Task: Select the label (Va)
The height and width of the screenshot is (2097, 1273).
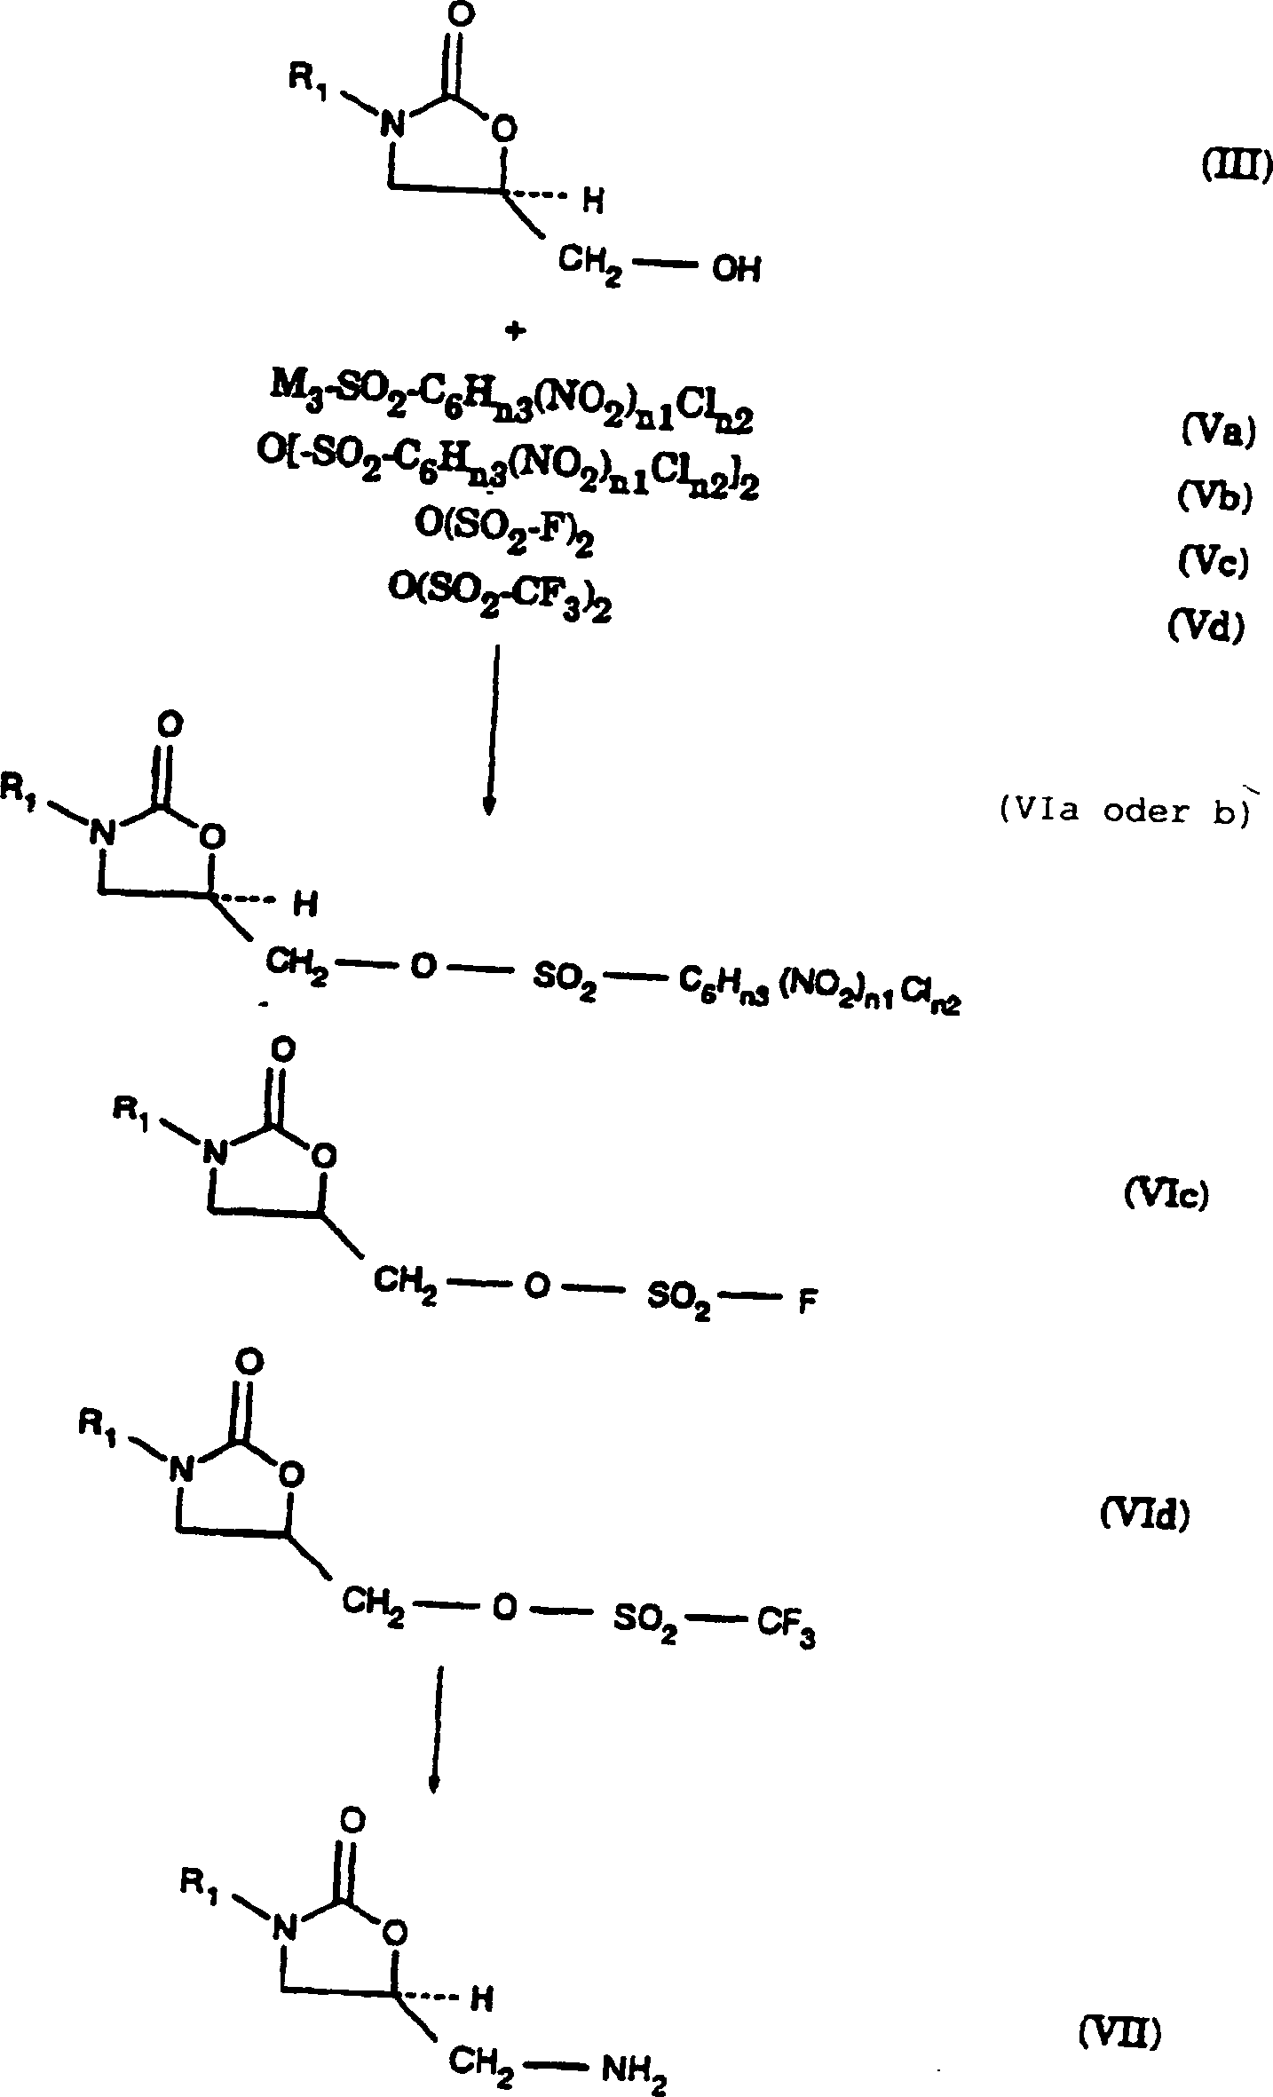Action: [1217, 433]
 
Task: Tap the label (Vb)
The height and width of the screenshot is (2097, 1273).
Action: [1214, 498]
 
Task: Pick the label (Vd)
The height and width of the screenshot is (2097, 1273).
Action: [1206, 627]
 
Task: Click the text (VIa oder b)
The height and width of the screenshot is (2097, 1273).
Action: [1123, 812]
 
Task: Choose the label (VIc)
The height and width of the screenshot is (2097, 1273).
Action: [1166, 1196]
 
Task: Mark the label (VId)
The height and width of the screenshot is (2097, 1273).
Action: [1144, 1514]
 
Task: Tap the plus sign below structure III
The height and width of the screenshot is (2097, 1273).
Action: [514, 331]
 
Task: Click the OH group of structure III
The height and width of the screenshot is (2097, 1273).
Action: [736, 270]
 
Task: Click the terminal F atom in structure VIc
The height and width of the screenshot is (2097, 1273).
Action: [807, 1306]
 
